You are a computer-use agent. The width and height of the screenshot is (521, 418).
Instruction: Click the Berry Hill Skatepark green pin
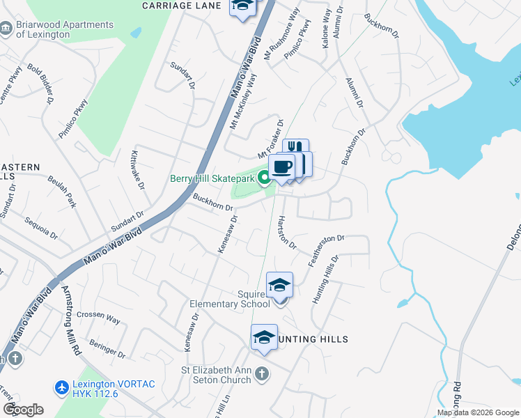click(264, 179)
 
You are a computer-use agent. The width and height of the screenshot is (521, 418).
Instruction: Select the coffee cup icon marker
click(282, 167)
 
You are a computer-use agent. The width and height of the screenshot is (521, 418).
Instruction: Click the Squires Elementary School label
click(230, 299)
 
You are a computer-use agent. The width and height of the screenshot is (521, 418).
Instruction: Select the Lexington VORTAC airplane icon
click(61, 386)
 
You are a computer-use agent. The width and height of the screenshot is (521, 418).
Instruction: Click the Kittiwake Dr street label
click(137, 171)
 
